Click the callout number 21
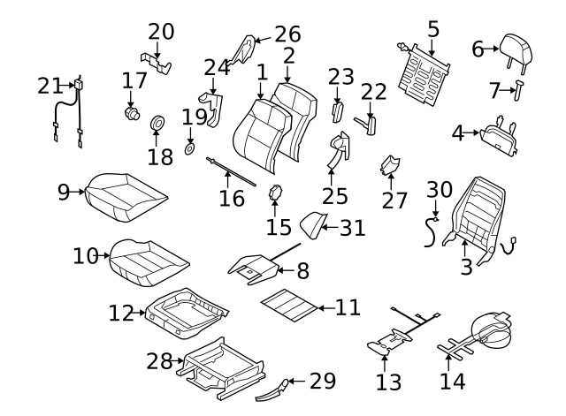[x=50, y=86]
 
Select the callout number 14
[x=452, y=381]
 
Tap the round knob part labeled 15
[x=275, y=192]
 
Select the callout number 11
[x=348, y=307]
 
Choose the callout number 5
[x=432, y=29]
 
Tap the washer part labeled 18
[x=159, y=123]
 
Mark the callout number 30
[x=440, y=189]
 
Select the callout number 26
[x=287, y=34]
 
